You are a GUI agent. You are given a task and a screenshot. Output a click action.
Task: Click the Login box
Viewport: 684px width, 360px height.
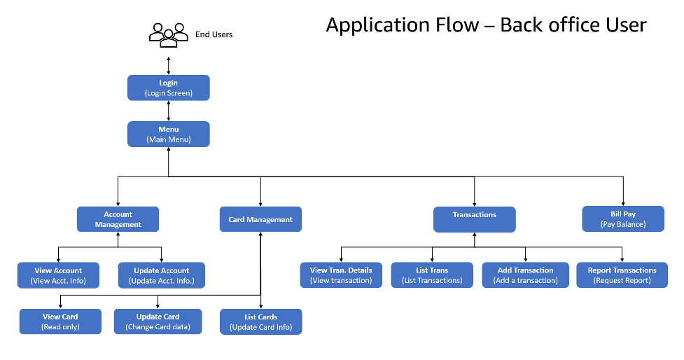tap(168, 88)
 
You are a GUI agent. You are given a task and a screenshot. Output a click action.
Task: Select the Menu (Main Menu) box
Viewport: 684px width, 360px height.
tap(168, 134)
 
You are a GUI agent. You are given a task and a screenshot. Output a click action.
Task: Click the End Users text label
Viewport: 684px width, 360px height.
tap(214, 34)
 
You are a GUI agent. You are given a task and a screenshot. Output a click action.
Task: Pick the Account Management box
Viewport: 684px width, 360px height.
tap(118, 219)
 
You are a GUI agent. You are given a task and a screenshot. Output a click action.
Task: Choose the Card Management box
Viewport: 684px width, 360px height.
tap(260, 219)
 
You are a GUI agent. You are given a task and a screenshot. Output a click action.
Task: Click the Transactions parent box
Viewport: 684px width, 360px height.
tap(474, 219)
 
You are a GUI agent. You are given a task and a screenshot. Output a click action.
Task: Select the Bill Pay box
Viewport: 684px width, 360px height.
tap(623, 219)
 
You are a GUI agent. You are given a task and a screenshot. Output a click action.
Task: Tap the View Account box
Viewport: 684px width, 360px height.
tap(58, 275)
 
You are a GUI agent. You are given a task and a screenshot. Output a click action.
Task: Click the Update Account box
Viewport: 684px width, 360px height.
tap(161, 275)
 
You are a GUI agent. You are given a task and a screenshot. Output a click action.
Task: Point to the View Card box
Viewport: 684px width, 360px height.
tap(60, 321)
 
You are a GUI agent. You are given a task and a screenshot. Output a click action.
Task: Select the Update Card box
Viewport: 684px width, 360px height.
tap(158, 321)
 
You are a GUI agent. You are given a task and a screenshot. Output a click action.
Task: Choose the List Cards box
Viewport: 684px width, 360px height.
tap(260, 321)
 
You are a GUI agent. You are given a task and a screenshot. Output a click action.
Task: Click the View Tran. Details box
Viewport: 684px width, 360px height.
tap(341, 275)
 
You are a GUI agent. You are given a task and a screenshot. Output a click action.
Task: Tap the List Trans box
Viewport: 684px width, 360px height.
tap(432, 275)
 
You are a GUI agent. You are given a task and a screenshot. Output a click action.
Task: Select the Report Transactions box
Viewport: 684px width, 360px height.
tap(622, 275)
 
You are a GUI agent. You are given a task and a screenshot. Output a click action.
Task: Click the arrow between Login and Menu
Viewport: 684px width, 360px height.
tap(168, 111)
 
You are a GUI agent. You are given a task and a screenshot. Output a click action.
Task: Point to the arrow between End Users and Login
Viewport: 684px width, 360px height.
tap(168, 63)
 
